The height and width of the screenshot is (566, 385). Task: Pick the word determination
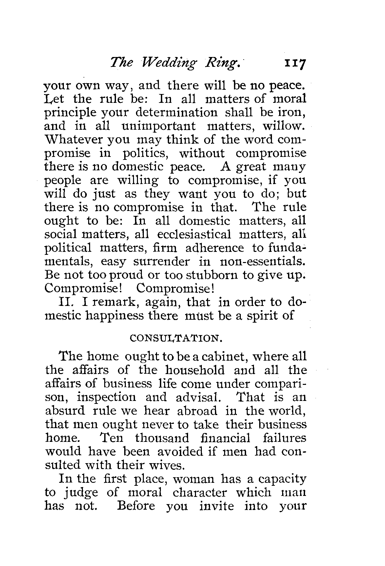pyautogui.click(x=176, y=112)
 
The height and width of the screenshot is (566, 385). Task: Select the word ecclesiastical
pyautogui.click(x=194, y=235)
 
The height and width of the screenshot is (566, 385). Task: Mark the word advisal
pyautogui.click(x=198, y=397)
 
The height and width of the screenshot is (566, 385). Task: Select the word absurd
pyautogui.click(x=65, y=411)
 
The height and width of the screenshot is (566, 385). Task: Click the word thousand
pyautogui.click(x=162, y=438)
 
